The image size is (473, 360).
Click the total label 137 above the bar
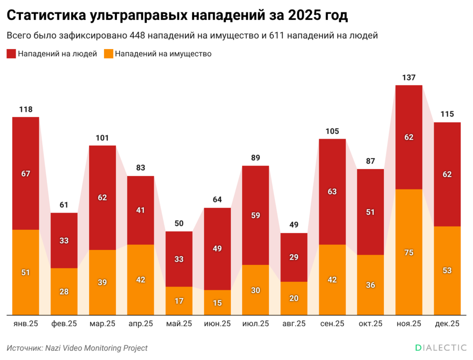(x=409, y=77)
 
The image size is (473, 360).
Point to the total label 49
(x=294, y=225)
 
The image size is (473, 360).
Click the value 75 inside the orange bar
(x=409, y=252)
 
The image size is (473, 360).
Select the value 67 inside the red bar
(x=25, y=174)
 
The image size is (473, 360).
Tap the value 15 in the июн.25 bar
(x=217, y=303)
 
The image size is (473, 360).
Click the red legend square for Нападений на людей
(x=11, y=54)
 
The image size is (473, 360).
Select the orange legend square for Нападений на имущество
(x=108, y=54)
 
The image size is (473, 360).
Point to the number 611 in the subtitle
(x=278, y=36)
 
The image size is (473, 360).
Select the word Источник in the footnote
(x=24, y=348)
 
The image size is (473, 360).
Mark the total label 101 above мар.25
(x=102, y=138)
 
